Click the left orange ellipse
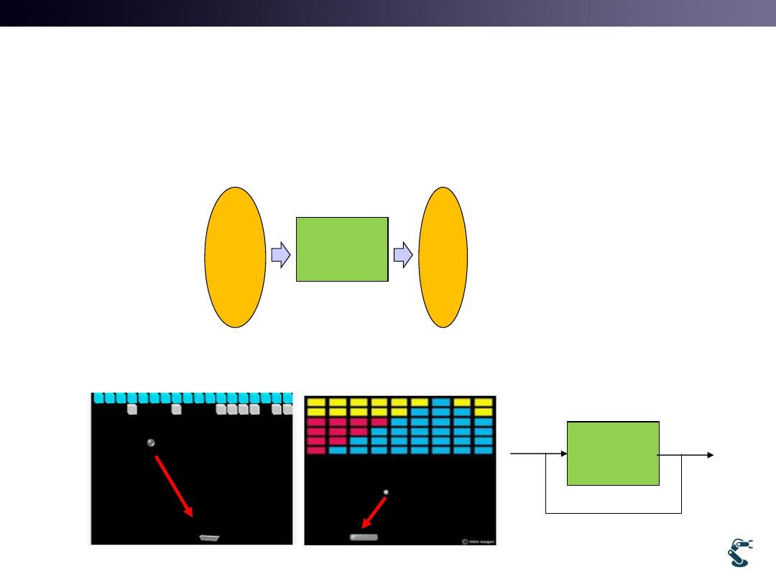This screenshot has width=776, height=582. click(235, 257)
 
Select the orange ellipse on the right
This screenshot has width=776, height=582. click(443, 257)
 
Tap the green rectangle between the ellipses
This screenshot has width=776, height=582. click(342, 249)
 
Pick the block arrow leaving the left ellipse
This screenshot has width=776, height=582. click(280, 254)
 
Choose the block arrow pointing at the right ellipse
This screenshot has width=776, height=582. click(403, 254)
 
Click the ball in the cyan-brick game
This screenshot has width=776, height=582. click(151, 443)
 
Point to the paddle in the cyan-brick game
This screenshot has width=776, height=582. click(209, 537)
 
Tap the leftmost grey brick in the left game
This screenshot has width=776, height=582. click(132, 410)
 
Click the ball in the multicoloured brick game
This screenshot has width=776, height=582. click(386, 492)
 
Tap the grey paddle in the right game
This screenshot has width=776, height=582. click(364, 537)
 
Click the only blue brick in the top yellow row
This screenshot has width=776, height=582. click(442, 402)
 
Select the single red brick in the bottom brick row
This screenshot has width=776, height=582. click(316, 451)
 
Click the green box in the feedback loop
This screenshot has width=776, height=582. click(613, 453)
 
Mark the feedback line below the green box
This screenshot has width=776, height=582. click(613, 513)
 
